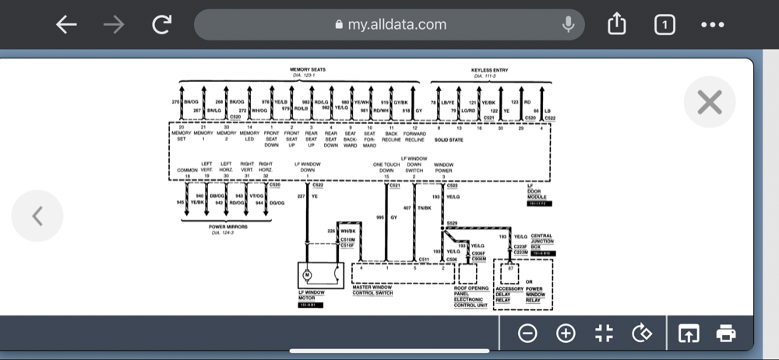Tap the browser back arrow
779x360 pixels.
click(66, 25)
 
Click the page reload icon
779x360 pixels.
click(161, 25)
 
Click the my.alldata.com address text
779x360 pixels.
click(397, 24)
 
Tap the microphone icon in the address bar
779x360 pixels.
click(569, 25)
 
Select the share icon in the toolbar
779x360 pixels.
click(616, 25)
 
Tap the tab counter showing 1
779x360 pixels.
click(664, 25)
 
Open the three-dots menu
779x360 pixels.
click(713, 25)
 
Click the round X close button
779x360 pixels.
click(709, 102)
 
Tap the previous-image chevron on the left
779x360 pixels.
click(37, 216)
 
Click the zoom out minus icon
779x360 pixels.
click(527, 334)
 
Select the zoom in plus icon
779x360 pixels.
click(566, 334)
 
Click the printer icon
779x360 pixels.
click(726, 334)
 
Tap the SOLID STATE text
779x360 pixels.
click(448, 140)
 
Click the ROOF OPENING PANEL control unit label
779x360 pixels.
click(471, 297)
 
